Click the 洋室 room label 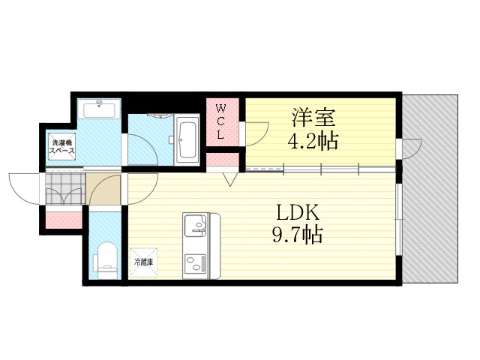pyautogui.click(x=313, y=118)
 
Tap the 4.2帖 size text pyautogui.click(x=313, y=141)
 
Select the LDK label pyautogui.click(x=298, y=213)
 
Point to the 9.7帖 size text pyautogui.click(x=298, y=235)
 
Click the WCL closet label pyautogui.click(x=220, y=121)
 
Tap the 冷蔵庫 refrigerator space pyautogui.click(x=143, y=262)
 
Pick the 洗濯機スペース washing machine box pyautogui.click(x=62, y=146)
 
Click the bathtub pyautogui.click(x=187, y=140)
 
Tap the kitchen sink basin pyautogui.click(x=195, y=225)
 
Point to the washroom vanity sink pyautogui.click(x=99, y=109)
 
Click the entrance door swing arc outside pyautogui.click(x=24, y=188)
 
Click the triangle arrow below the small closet pyautogui.click(x=230, y=180)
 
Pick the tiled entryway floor pyautogui.click(x=65, y=188)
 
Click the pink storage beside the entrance pyautogui.click(x=64, y=220)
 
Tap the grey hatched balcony pyautogui.click(x=430, y=189)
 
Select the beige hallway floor pyautogui.click(x=103, y=189)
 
